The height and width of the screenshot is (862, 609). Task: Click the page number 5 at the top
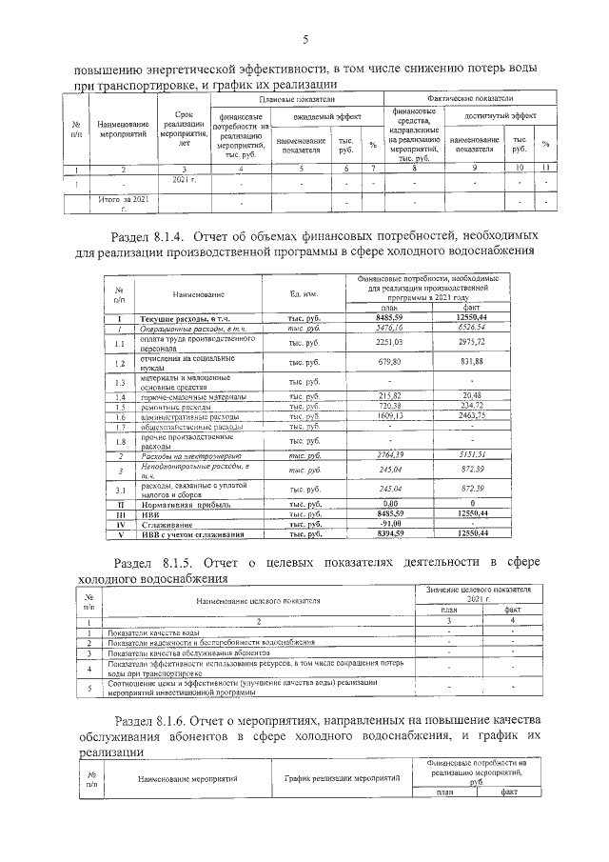[x=304, y=39]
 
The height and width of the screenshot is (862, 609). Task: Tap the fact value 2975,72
[x=473, y=343]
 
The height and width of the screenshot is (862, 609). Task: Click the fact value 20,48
[x=473, y=395]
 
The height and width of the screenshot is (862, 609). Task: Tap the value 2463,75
[x=473, y=416]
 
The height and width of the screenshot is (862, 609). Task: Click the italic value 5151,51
[x=473, y=458]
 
